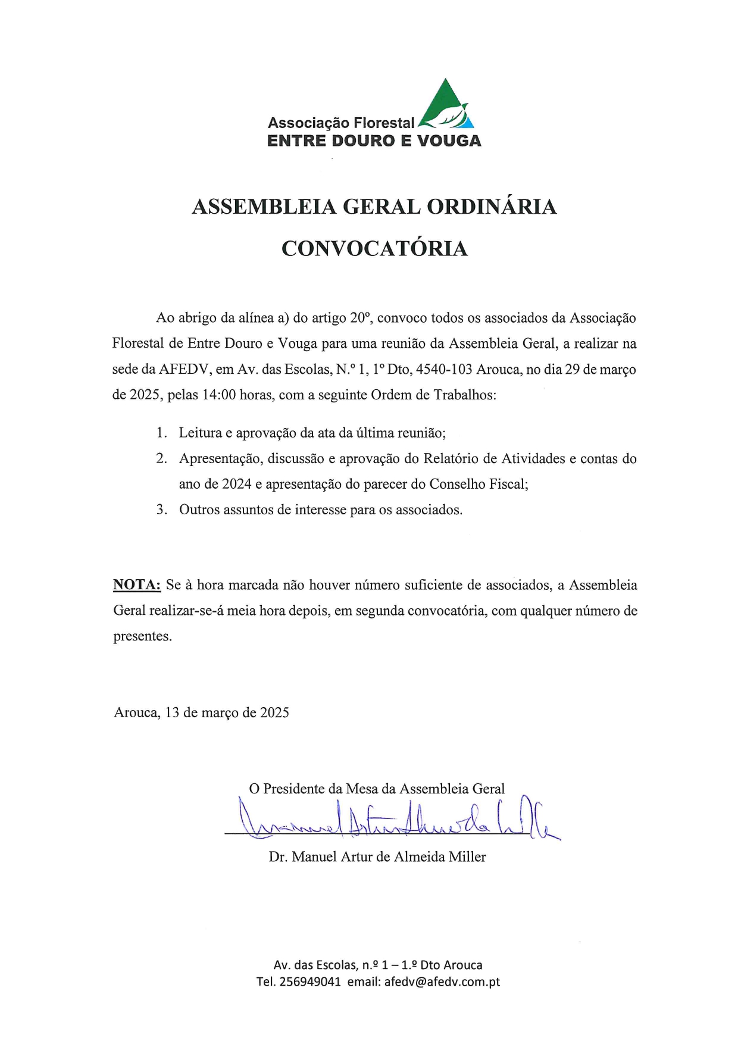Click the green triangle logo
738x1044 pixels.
click(x=446, y=105)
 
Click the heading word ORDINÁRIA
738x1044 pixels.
click(x=492, y=207)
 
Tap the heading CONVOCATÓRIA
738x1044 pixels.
click(x=374, y=248)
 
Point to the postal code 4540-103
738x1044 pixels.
click(x=443, y=370)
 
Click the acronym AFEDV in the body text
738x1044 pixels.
click(x=185, y=370)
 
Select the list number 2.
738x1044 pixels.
click(x=161, y=458)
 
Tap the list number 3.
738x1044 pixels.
click(x=161, y=510)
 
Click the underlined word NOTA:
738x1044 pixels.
click(x=137, y=585)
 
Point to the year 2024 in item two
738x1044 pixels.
click(x=237, y=484)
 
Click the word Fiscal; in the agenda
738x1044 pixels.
click(x=508, y=484)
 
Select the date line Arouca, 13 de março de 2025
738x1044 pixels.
click(x=201, y=712)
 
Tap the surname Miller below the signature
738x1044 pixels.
click(x=467, y=857)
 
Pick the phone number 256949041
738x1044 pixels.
click(x=309, y=982)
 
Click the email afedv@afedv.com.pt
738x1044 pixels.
click(x=442, y=982)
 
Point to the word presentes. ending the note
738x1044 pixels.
click(x=143, y=636)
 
